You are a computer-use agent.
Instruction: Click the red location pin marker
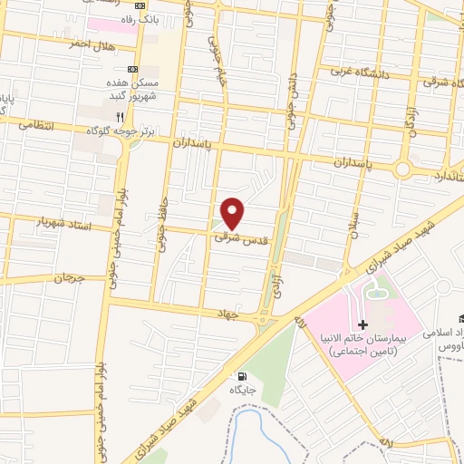coord(233,213)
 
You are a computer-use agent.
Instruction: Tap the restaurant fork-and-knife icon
coord(120,117)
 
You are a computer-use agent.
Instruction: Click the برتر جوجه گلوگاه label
coord(121,131)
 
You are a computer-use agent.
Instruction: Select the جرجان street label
coord(53,277)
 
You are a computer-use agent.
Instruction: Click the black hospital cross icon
coord(362,324)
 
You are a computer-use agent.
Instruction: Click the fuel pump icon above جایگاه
coord(241,376)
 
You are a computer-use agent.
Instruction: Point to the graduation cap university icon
coord(462,318)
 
